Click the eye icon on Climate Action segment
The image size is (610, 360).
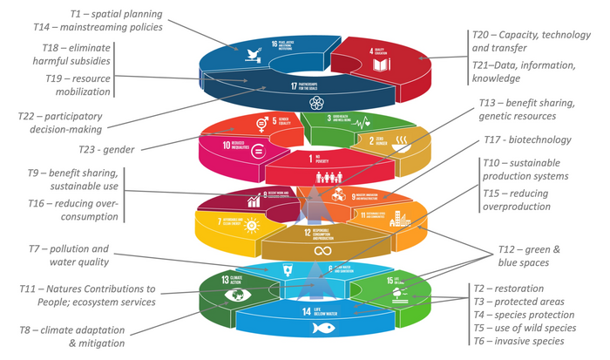pyautogui.click(x=235, y=295)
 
